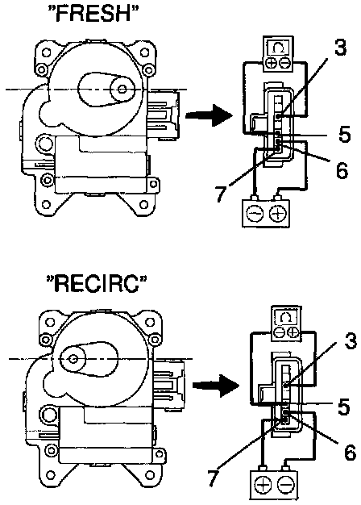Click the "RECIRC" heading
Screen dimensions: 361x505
point(97,284)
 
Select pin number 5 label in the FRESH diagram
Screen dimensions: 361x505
point(344,134)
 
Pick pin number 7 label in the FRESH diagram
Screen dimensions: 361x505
point(222,193)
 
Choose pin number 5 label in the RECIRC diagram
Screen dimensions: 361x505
point(344,407)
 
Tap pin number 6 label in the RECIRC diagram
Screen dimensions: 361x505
point(350,452)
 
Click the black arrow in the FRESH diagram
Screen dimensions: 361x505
point(209,115)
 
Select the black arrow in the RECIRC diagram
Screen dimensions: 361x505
point(216,385)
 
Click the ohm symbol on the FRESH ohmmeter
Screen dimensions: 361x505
point(278,48)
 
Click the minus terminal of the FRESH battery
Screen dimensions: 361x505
point(255,213)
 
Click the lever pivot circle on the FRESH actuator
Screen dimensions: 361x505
point(122,89)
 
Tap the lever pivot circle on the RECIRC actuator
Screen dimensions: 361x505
point(74,358)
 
